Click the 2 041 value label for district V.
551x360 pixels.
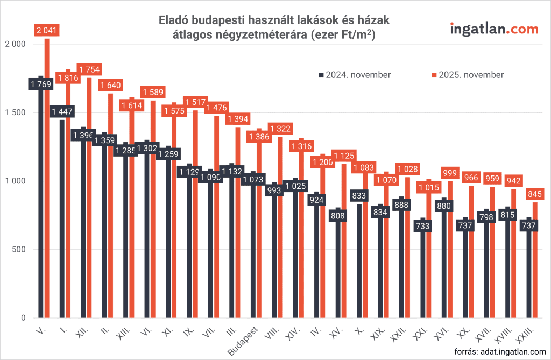[46, 31]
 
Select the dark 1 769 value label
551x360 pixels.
[41, 84]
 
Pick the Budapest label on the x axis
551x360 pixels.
[244, 340]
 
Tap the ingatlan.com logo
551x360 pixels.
[494, 29]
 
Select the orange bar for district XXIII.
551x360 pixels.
[534, 269]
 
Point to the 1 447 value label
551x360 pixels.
[62, 111]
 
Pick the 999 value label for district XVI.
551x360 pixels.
[449, 173]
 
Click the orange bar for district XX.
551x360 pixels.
[471, 258]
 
